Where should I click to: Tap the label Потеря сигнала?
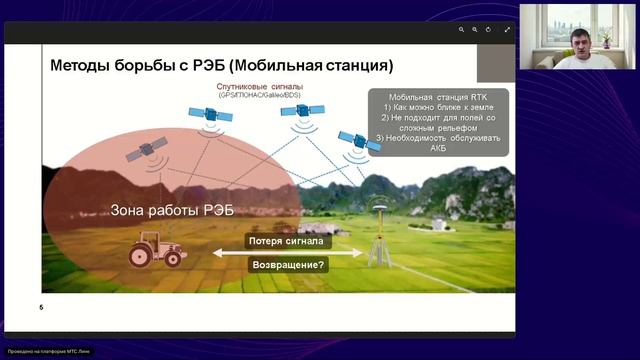tap(287, 241)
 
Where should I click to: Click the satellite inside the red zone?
tap(146, 150)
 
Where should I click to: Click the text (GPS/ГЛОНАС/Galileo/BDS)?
tap(263, 98)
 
